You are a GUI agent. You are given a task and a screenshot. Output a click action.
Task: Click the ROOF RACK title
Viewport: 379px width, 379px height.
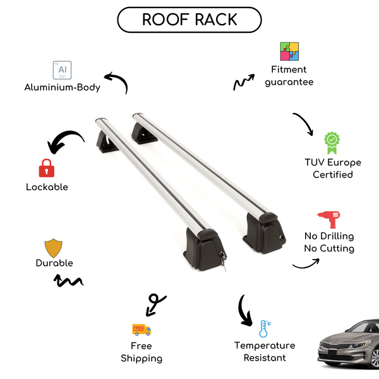coord(189,20)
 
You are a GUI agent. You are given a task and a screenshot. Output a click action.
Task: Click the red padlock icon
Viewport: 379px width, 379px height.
coord(45,169)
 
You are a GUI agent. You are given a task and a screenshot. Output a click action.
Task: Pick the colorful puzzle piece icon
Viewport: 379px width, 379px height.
coord(289,52)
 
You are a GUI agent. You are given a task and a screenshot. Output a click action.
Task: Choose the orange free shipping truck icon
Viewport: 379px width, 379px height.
coord(141,329)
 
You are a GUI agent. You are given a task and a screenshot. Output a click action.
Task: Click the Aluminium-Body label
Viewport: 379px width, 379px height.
coord(62,88)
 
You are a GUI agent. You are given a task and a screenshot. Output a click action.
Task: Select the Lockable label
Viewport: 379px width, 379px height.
coord(47,187)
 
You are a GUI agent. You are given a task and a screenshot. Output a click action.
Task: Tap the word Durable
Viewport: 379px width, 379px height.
coord(54,263)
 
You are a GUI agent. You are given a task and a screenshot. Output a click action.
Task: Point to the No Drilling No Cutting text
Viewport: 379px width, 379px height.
coord(328,243)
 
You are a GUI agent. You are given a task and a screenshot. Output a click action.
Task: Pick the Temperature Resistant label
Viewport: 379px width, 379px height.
coord(265,352)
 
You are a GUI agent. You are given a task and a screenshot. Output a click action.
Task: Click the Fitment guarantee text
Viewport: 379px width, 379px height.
coord(289,76)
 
